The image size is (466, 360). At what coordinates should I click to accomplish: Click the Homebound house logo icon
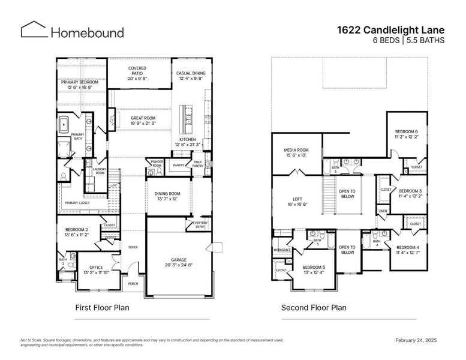(x=33, y=30)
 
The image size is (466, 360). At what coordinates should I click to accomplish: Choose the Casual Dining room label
(x=191, y=76)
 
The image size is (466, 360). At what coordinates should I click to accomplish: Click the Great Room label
(x=143, y=121)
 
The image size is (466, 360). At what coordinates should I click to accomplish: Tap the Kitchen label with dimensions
(x=187, y=142)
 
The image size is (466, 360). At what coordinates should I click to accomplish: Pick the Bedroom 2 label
(x=77, y=232)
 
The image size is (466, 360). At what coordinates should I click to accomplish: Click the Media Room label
(x=296, y=152)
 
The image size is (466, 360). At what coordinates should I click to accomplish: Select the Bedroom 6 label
(x=406, y=134)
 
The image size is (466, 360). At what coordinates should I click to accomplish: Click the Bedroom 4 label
(x=407, y=250)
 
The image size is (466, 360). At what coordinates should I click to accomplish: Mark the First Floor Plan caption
(x=102, y=308)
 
